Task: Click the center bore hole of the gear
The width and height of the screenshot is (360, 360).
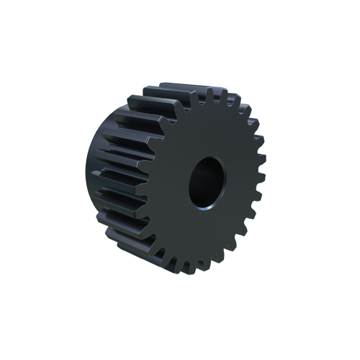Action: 207,181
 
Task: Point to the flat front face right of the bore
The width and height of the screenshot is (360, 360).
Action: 241,180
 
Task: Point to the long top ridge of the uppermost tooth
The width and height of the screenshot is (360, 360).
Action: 173,89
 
